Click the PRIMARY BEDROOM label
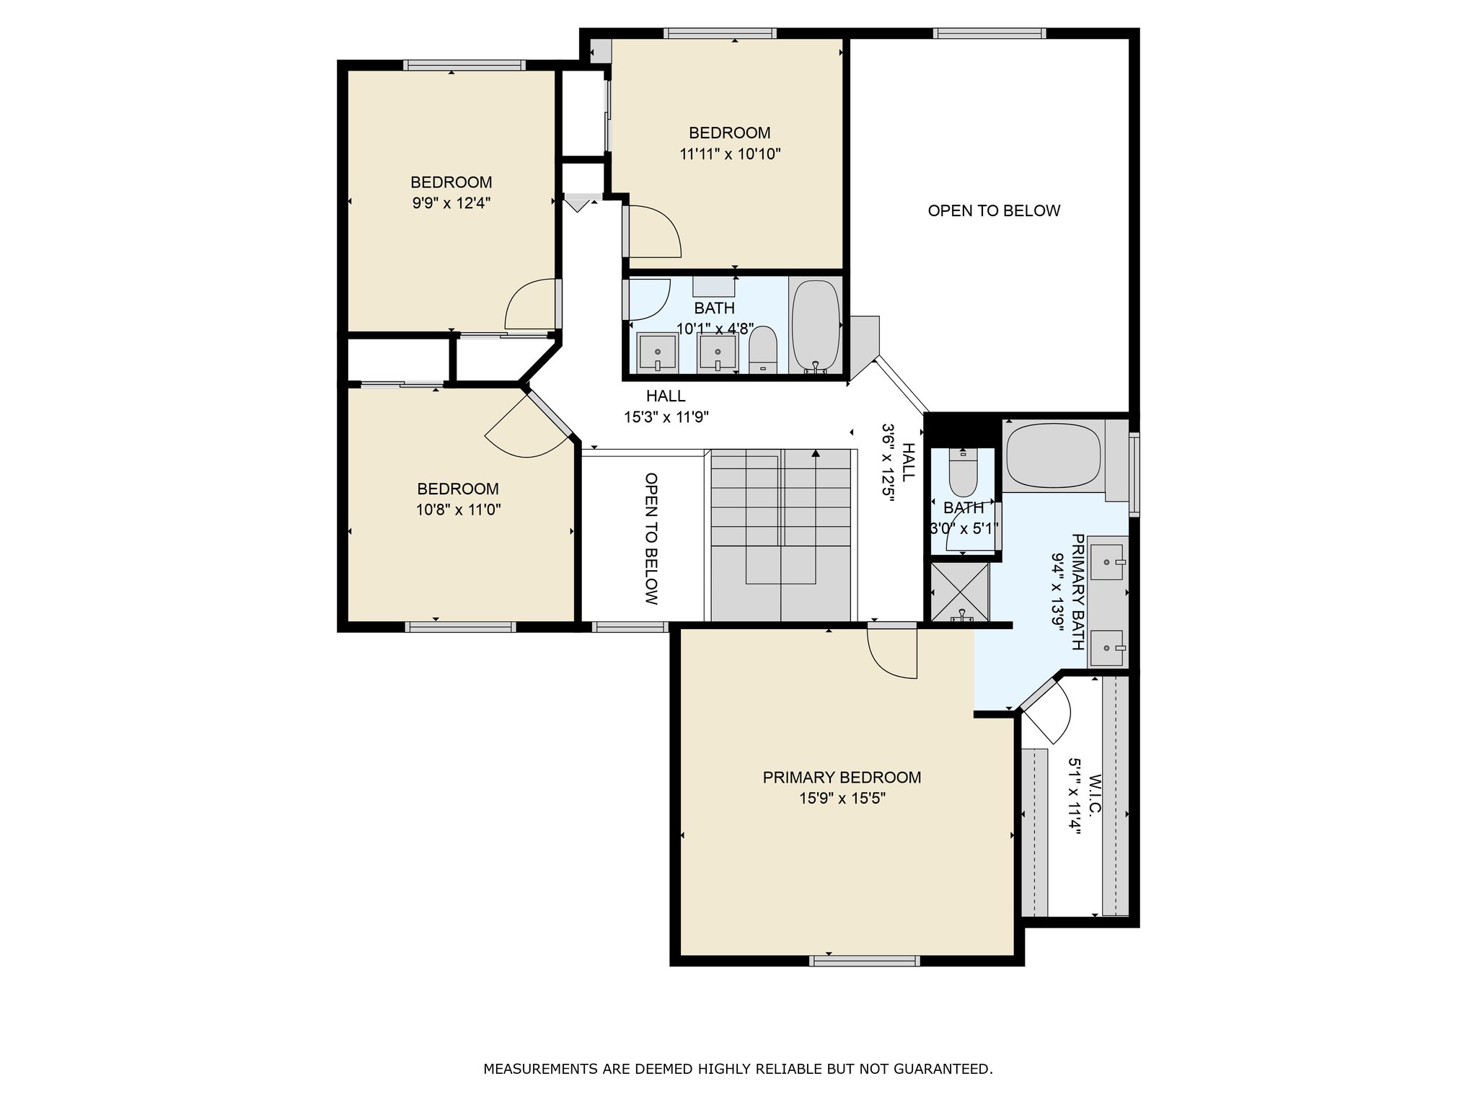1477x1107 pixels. pos(842,778)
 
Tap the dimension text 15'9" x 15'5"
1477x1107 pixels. pos(842,799)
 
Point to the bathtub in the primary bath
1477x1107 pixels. pos(1053,455)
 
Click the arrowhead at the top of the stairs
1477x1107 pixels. pos(816,454)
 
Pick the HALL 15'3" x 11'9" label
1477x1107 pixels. pos(666,406)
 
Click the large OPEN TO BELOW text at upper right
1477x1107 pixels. pos(994,210)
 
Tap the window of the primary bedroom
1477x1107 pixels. pos(864,961)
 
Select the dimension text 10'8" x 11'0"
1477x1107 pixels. pos(458,510)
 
